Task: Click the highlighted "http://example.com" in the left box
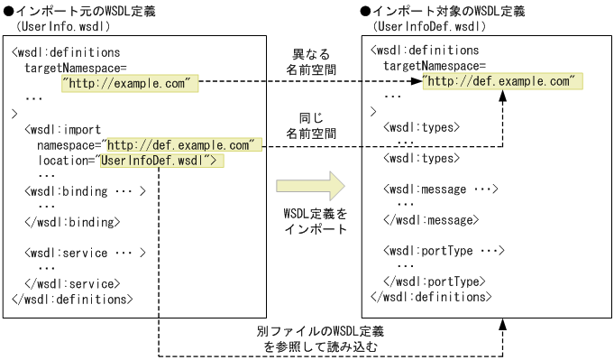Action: [x=129, y=83]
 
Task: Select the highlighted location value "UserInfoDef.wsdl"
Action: [x=160, y=161]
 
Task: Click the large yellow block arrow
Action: [x=310, y=187]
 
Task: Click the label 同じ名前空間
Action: [x=311, y=125]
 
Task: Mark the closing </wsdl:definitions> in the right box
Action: [x=430, y=297]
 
